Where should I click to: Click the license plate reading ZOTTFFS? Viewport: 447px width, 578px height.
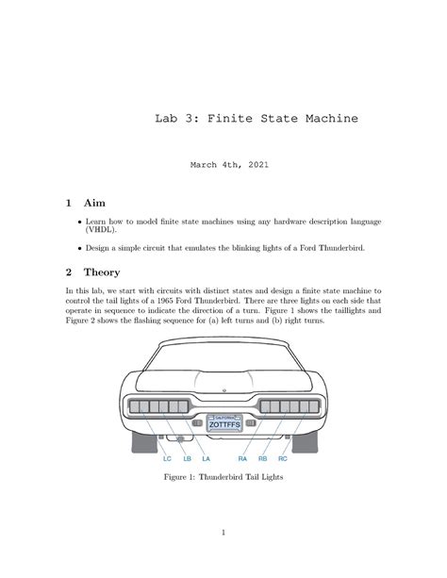click(x=223, y=424)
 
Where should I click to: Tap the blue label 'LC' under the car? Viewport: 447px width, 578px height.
click(x=167, y=459)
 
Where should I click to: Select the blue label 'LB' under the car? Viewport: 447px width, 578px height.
click(x=187, y=459)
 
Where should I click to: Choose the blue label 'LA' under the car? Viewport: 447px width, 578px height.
click(x=206, y=459)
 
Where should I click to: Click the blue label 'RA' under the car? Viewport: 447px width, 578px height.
click(x=242, y=459)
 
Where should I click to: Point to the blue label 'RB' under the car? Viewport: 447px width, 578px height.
click(x=262, y=459)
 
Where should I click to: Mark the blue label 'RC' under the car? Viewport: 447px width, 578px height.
click(x=282, y=459)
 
